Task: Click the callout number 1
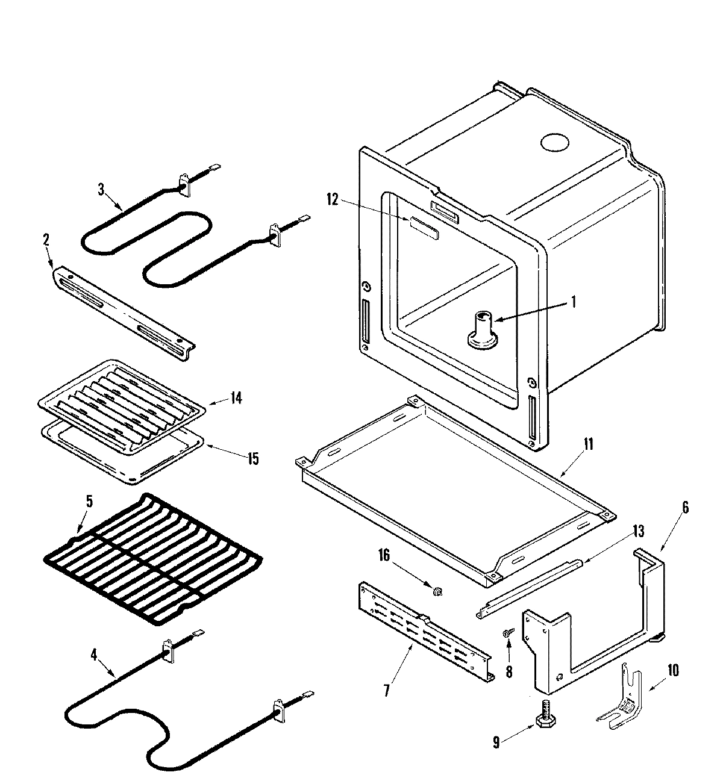click(x=573, y=302)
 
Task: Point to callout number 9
click(x=496, y=743)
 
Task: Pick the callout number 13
click(x=638, y=531)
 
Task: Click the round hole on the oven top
click(x=554, y=143)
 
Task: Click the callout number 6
click(x=684, y=508)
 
